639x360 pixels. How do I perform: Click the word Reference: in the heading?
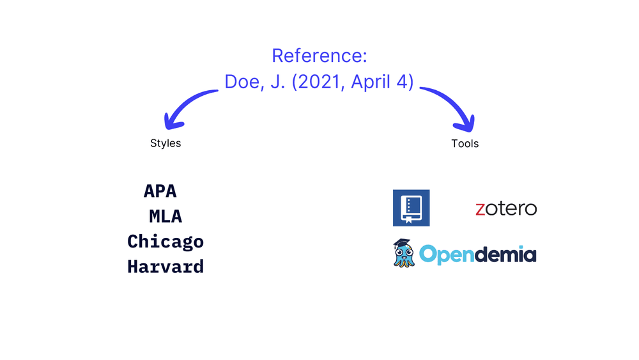tap(319, 56)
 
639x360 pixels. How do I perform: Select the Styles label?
tap(166, 143)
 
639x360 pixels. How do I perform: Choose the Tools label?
tap(465, 144)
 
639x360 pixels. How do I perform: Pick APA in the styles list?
tap(160, 191)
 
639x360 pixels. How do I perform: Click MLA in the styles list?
tap(166, 217)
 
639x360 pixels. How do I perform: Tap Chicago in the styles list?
tap(166, 242)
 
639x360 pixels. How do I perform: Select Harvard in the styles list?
tap(166, 267)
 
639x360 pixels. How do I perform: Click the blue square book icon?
tap(411, 208)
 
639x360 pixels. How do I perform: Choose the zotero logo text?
tap(506, 208)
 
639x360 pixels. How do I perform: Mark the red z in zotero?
tap(481, 209)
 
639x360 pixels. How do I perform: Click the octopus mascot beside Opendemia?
tap(404, 255)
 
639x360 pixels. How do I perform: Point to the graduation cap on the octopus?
tap(401, 244)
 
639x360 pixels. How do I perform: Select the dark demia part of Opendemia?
tap(505, 255)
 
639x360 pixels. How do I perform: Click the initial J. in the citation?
tap(277, 82)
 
